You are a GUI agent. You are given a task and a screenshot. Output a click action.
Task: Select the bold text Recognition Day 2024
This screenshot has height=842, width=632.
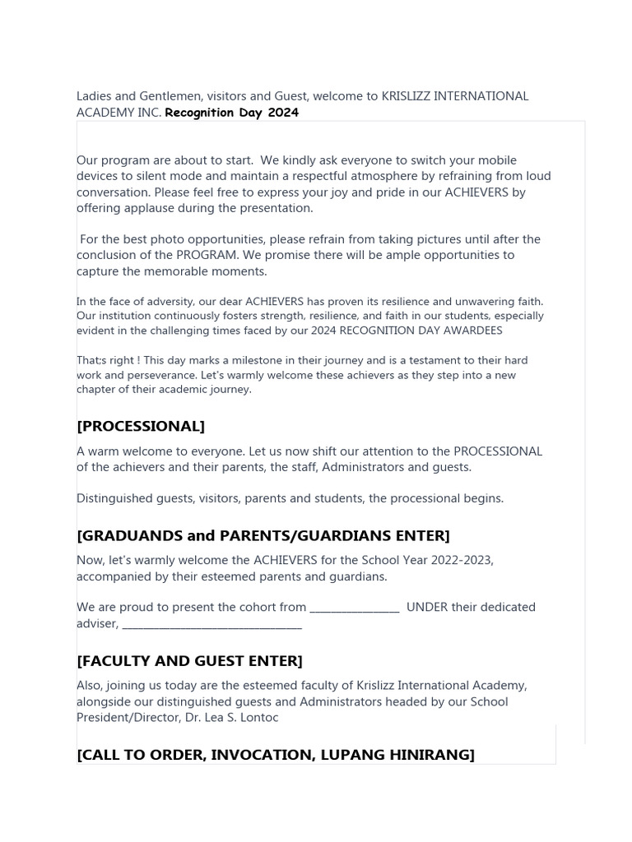tap(231, 113)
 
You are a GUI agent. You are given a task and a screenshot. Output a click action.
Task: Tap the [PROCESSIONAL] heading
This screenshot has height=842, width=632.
tap(141, 426)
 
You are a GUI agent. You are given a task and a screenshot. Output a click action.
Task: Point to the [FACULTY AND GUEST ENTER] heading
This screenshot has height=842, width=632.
tap(189, 661)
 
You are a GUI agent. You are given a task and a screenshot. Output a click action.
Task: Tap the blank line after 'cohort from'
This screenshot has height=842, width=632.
tap(355, 608)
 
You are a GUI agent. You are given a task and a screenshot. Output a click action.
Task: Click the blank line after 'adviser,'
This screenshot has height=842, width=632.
tap(211, 624)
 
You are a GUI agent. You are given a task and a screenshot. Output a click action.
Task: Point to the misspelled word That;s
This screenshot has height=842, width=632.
tap(92, 360)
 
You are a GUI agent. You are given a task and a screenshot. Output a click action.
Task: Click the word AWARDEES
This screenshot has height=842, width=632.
tap(469, 331)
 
